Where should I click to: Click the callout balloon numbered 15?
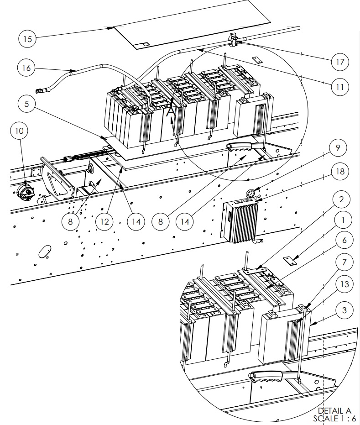pos(27,39)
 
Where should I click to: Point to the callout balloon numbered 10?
pos(19,131)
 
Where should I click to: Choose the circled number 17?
pos(339,62)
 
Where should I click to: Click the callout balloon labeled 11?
pos(339,86)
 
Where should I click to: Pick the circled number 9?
pos(338,148)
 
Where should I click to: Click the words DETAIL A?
pos(337,411)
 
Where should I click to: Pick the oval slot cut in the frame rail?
pos(45,252)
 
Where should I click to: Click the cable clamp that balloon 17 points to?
pos(233,40)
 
